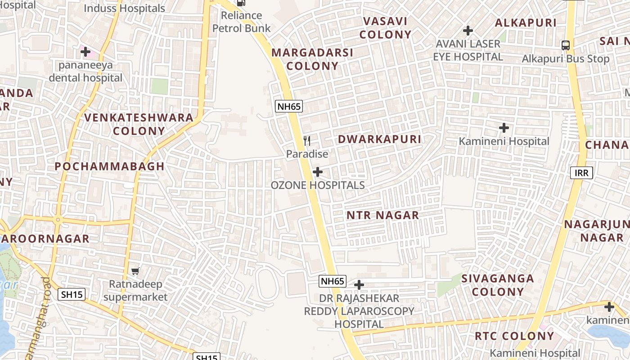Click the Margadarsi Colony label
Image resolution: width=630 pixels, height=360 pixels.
(x=312, y=59)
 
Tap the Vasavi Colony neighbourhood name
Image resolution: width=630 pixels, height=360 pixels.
(x=385, y=28)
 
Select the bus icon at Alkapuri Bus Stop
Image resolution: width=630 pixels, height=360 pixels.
(x=566, y=45)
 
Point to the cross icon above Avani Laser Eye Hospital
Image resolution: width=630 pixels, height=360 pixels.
(x=468, y=31)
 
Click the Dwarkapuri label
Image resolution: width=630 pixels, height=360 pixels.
(x=379, y=139)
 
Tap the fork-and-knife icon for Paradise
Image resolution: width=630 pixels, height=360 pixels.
(x=307, y=140)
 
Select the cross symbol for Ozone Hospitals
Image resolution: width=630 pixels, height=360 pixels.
(x=318, y=172)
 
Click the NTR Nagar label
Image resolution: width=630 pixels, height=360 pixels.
(x=382, y=215)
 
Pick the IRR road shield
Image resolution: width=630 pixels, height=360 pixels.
(x=581, y=173)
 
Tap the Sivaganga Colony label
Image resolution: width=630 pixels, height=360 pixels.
(x=498, y=285)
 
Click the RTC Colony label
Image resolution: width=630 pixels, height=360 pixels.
(x=514, y=336)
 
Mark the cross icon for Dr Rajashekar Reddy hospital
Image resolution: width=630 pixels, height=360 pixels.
(x=359, y=285)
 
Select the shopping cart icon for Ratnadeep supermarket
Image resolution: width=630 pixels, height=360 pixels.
(x=135, y=270)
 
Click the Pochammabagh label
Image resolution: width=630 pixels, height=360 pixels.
(x=110, y=166)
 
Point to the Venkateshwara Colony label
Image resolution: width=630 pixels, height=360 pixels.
(x=139, y=124)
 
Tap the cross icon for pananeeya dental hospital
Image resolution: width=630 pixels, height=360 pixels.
(x=85, y=52)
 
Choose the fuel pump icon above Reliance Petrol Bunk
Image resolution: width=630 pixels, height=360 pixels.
(x=241, y=2)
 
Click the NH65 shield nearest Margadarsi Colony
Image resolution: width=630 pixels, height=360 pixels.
(x=289, y=107)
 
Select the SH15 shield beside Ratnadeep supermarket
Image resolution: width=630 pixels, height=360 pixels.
(x=72, y=295)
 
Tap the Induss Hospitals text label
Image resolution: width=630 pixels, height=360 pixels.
(x=125, y=8)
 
